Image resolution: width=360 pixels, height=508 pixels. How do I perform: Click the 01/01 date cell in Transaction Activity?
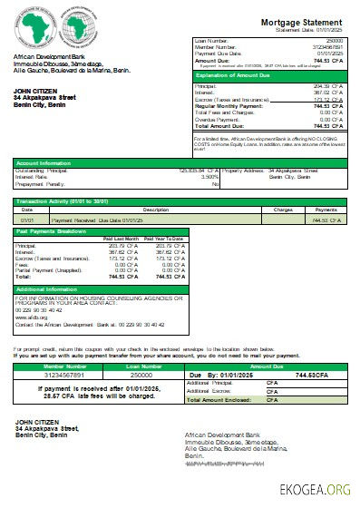click(x=28, y=220)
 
